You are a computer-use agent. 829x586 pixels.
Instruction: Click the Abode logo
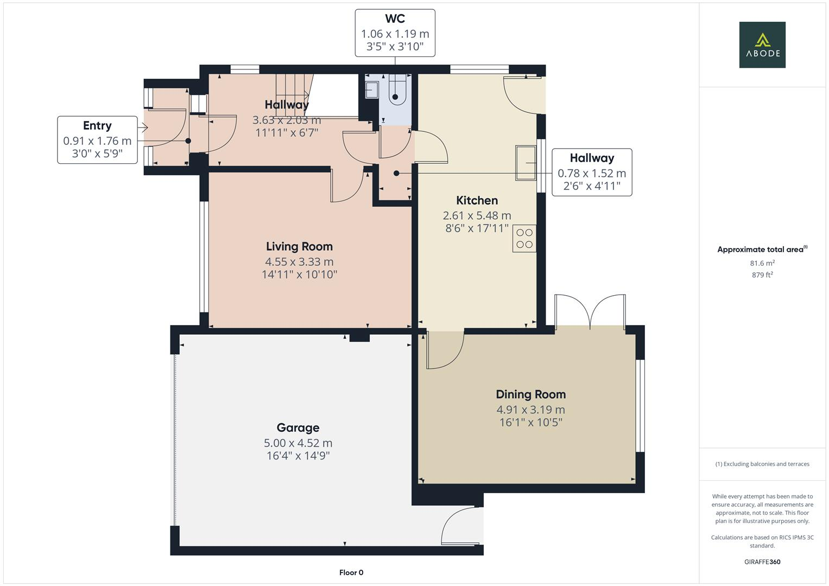762,45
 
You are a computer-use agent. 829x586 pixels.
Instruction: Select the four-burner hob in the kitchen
524,238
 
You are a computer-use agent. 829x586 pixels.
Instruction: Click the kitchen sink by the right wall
526,162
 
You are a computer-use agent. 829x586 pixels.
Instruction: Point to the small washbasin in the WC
372,90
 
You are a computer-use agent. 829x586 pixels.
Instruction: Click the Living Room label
299,246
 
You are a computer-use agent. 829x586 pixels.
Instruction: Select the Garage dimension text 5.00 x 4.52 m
298,443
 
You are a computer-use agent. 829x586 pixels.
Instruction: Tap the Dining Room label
530,394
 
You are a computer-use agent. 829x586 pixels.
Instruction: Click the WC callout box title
395,19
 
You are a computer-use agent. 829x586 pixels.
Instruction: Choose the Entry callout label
97,125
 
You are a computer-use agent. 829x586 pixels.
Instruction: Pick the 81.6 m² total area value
762,263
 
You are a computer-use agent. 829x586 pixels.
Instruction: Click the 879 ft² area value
762,275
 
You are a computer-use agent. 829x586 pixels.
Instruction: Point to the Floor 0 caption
351,572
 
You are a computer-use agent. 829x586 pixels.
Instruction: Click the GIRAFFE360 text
762,562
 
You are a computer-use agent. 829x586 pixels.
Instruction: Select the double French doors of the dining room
590,311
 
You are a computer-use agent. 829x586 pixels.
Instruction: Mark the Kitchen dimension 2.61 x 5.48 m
477,215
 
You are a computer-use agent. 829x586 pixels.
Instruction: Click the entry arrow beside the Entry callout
143,128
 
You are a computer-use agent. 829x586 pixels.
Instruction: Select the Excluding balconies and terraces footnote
762,464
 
